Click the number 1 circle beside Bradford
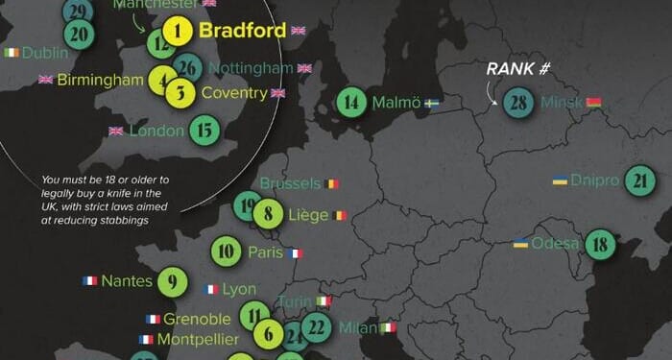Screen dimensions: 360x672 pyautogui.click(x=178, y=32)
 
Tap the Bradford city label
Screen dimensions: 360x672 pyautogui.click(x=242, y=31)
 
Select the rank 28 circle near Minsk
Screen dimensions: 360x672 pyautogui.click(x=519, y=102)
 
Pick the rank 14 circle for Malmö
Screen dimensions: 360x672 pyautogui.click(x=352, y=102)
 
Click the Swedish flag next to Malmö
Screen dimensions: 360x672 pyautogui.click(x=433, y=102)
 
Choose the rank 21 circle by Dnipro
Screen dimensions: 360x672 pyautogui.click(x=639, y=180)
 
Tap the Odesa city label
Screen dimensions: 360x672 pyautogui.click(x=555, y=243)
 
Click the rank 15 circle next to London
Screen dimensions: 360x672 pyautogui.click(x=204, y=130)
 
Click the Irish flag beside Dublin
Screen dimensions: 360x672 pyautogui.click(x=12, y=52)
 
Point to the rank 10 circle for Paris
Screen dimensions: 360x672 pyautogui.click(x=225, y=252)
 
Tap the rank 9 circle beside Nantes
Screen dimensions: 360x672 pyautogui.click(x=172, y=281)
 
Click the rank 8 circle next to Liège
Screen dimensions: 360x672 pyautogui.click(x=269, y=215)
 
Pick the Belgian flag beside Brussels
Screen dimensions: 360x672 pyautogui.click(x=331, y=182)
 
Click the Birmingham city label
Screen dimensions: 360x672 pyautogui.click(x=100, y=80)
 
